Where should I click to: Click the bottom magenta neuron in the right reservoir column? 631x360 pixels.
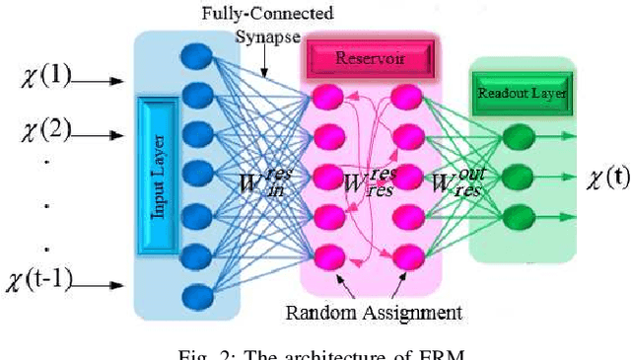pyautogui.click(x=404, y=259)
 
